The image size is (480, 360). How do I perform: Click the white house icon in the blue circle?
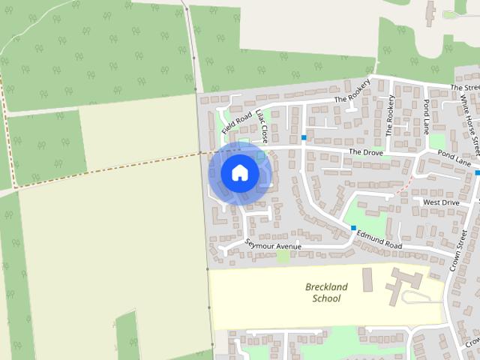point(239,173)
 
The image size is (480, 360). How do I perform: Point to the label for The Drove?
point(365,151)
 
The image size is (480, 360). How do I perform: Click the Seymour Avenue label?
point(273,245)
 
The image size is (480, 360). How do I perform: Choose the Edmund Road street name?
point(379,241)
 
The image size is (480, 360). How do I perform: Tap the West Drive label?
point(441,202)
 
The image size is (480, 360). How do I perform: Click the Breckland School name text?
point(323,292)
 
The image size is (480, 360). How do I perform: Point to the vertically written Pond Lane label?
point(427,115)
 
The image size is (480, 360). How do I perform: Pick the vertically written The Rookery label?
point(390,115)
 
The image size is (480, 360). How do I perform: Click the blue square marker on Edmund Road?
point(352,227)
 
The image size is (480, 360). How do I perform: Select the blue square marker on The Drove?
point(304,137)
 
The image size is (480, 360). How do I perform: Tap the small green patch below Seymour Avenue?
point(283,256)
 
